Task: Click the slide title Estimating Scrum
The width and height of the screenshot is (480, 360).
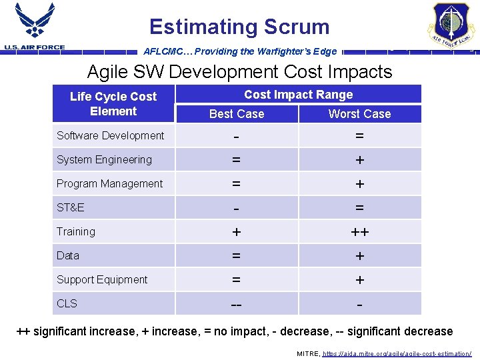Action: [x=239, y=27]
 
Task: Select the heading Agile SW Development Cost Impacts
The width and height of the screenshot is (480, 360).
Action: [x=239, y=71]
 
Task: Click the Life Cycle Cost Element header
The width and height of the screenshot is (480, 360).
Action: [x=113, y=104]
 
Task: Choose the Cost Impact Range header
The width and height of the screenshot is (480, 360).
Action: [x=298, y=95]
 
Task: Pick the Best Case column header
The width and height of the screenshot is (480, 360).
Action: [x=237, y=114]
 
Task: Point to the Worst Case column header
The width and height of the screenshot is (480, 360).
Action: [x=359, y=114]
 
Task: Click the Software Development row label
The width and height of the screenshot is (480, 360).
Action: [x=110, y=135]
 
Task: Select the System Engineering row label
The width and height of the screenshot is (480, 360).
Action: [x=104, y=159]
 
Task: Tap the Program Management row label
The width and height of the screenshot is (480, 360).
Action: [x=109, y=183]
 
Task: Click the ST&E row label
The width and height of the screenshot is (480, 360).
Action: [x=71, y=207]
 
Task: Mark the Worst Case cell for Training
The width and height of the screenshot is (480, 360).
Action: [x=359, y=232]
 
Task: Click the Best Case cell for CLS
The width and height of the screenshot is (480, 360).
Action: [x=237, y=304]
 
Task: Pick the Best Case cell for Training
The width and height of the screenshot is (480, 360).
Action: [x=237, y=232]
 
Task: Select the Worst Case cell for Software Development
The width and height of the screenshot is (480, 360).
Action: [x=359, y=136]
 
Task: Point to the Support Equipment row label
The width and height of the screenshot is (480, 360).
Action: [x=102, y=279]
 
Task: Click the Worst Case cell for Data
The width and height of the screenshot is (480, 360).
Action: [x=359, y=256]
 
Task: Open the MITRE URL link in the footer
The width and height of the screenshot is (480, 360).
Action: [x=397, y=353]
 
